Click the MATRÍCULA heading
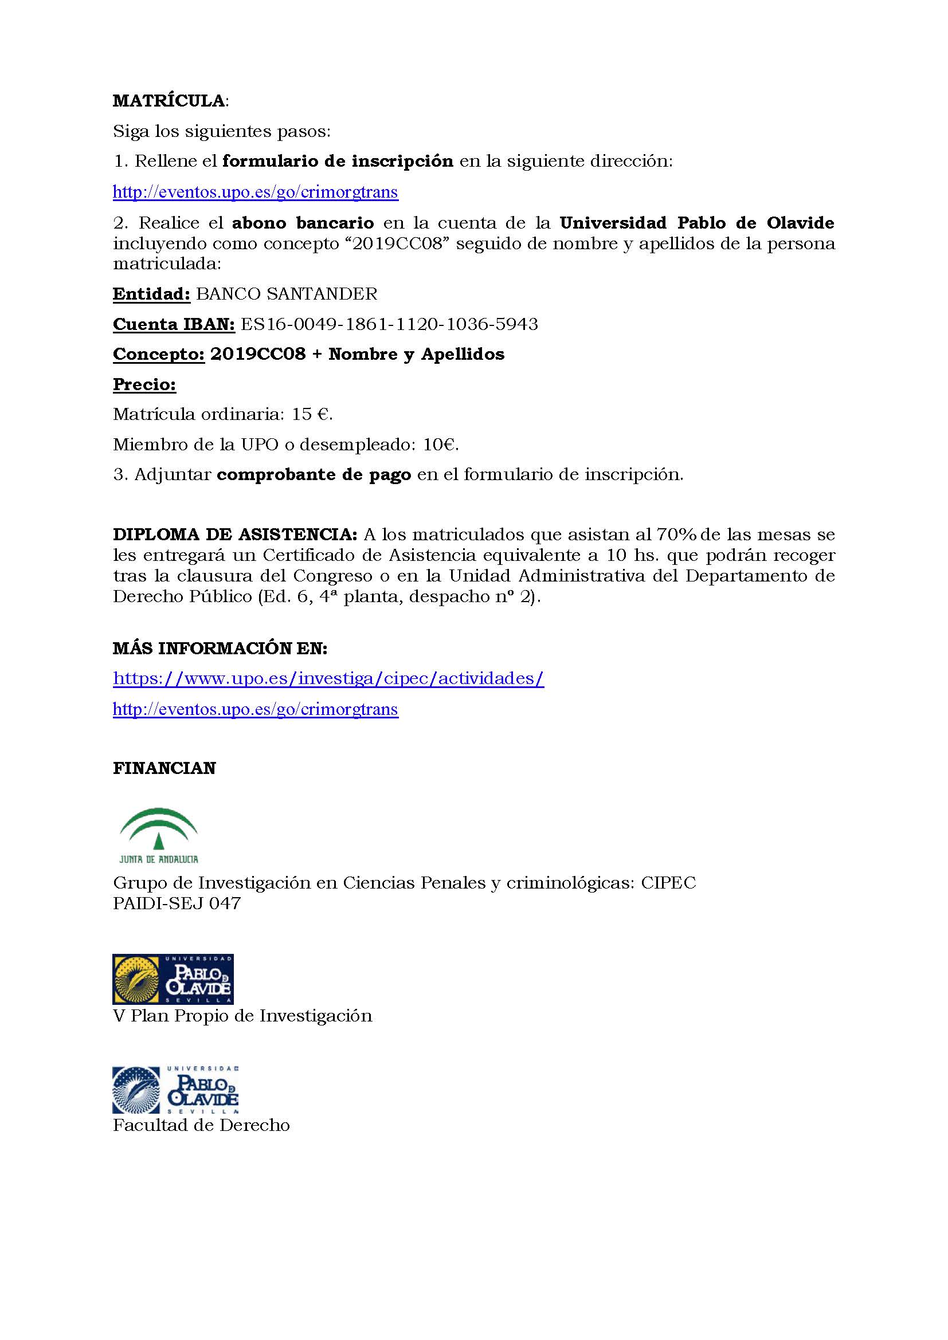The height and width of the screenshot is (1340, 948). pyautogui.click(x=169, y=101)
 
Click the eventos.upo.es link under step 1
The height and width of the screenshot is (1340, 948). pyautogui.click(x=255, y=192)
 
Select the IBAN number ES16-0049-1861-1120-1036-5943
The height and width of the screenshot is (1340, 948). pyautogui.click(x=389, y=324)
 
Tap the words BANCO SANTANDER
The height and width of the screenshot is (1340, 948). pyautogui.click(x=287, y=293)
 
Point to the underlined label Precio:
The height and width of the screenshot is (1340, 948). pyautogui.click(x=144, y=384)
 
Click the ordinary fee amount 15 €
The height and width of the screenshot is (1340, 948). pyautogui.click(x=312, y=414)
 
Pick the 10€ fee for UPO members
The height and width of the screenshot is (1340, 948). pyautogui.click(x=440, y=445)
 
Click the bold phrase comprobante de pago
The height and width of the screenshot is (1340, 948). pyautogui.click(x=314, y=474)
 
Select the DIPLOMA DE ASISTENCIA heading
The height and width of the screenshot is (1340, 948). pyautogui.click(x=234, y=534)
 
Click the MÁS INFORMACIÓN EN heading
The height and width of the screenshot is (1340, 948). pyautogui.click(x=220, y=648)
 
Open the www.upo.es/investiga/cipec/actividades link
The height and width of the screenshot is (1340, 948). pyautogui.click(x=328, y=678)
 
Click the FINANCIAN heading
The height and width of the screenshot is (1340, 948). pyautogui.click(x=164, y=768)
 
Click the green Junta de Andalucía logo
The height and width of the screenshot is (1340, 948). pyautogui.click(x=159, y=835)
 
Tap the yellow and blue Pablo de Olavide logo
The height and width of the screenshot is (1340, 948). pyautogui.click(x=173, y=979)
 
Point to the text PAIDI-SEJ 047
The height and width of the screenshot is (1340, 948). pyautogui.click(x=177, y=903)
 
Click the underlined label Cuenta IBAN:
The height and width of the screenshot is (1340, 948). pyautogui.click(x=173, y=324)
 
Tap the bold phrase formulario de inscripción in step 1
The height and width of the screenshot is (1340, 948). pyautogui.click(x=338, y=161)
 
